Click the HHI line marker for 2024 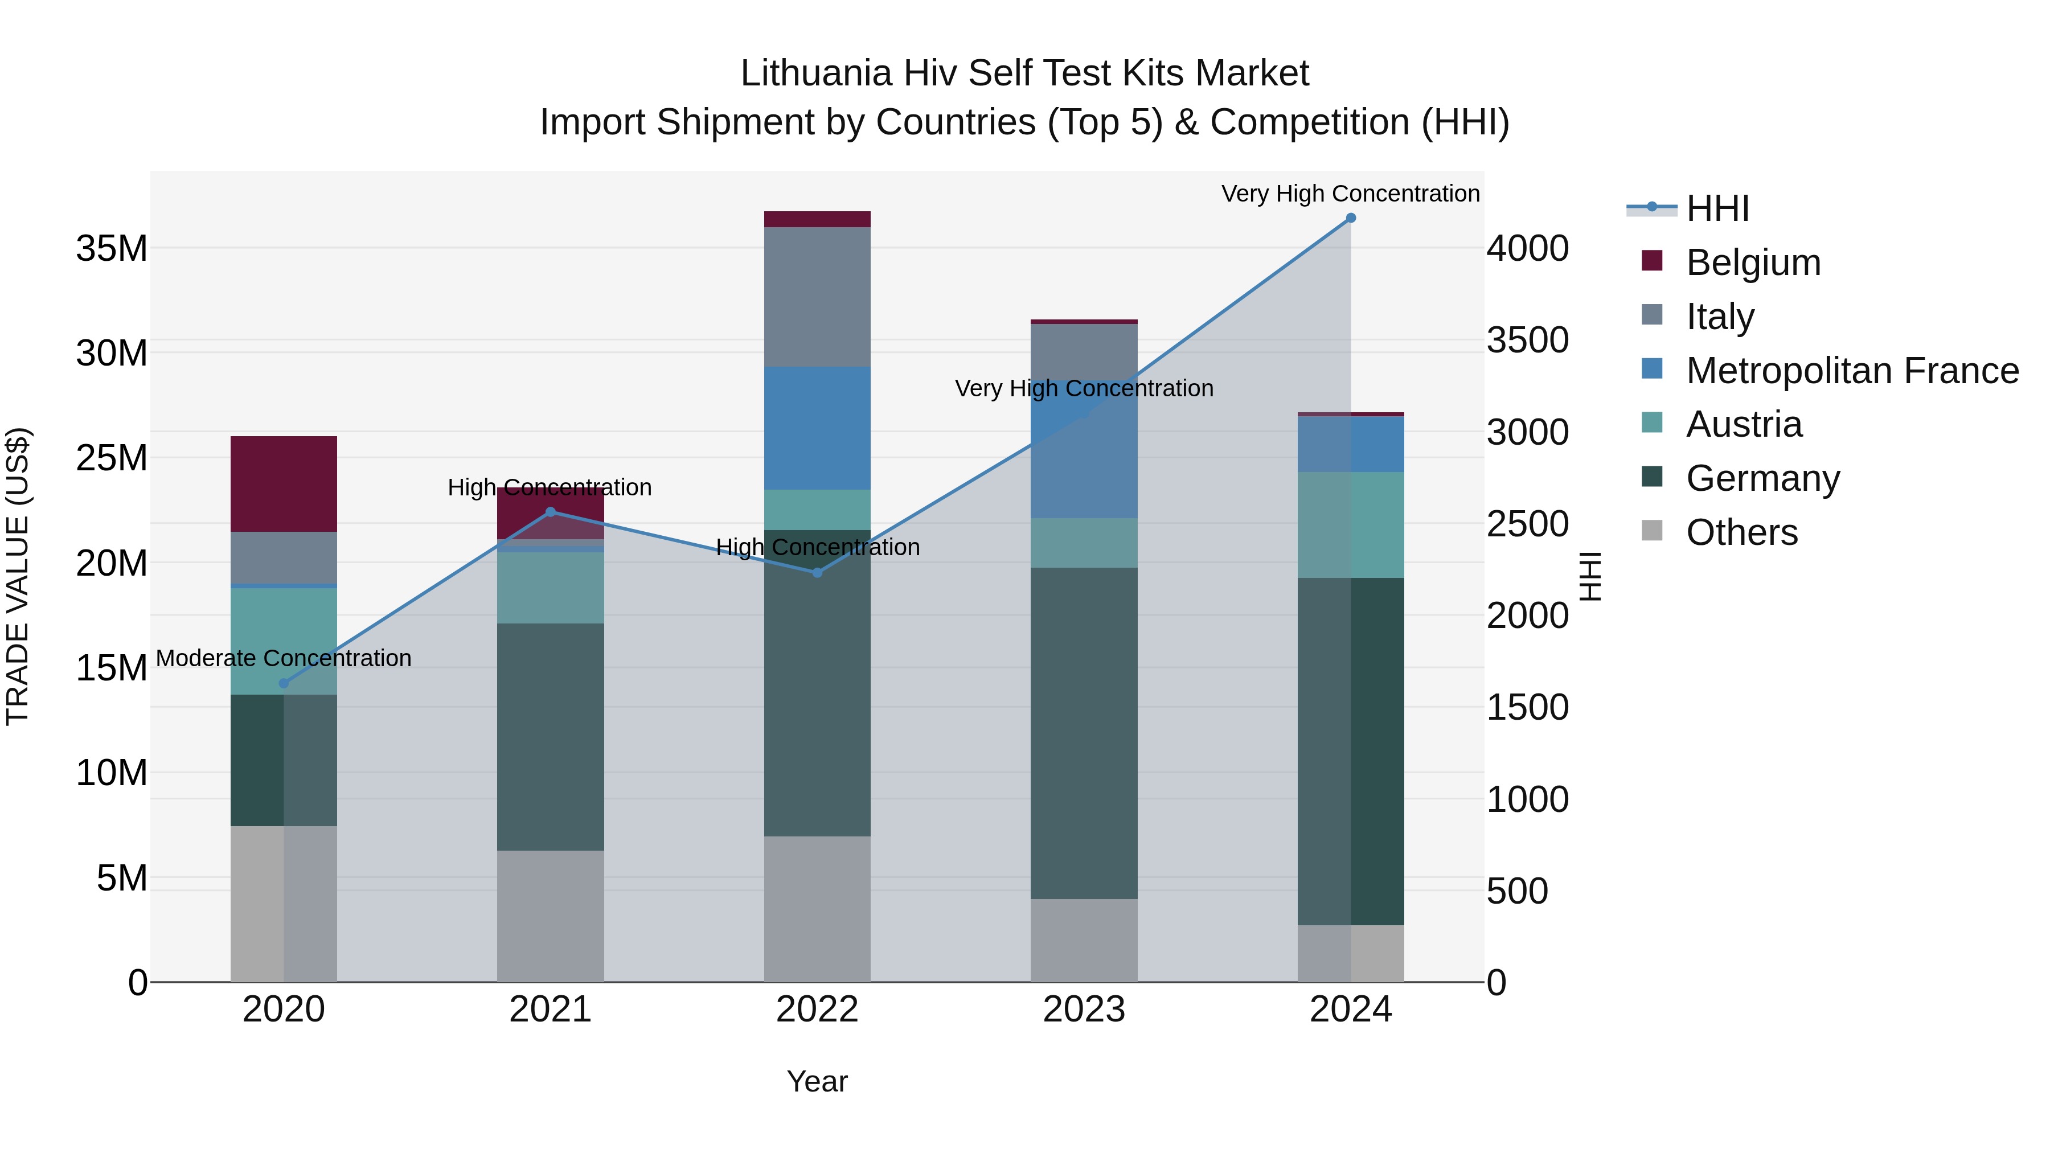(x=1351, y=218)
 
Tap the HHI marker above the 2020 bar (x=284, y=683)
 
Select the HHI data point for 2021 (x=551, y=512)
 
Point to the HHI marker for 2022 (x=817, y=572)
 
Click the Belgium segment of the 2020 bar (x=284, y=484)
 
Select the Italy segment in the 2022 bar (x=817, y=297)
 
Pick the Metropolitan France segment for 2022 (x=817, y=428)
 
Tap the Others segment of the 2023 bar (x=1084, y=941)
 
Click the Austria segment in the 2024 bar (x=1351, y=525)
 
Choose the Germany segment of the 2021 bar (x=551, y=737)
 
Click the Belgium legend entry (x=1753, y=262)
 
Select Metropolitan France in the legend (x=1852, y=371)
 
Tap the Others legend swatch (x=1652, y=531)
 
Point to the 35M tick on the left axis (x=112, y=248)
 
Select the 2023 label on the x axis (x=1084, y=1010)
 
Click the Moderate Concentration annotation (x=284, y=658)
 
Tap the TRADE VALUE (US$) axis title (x=18, y=576)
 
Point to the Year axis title (x=817, y=1081)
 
